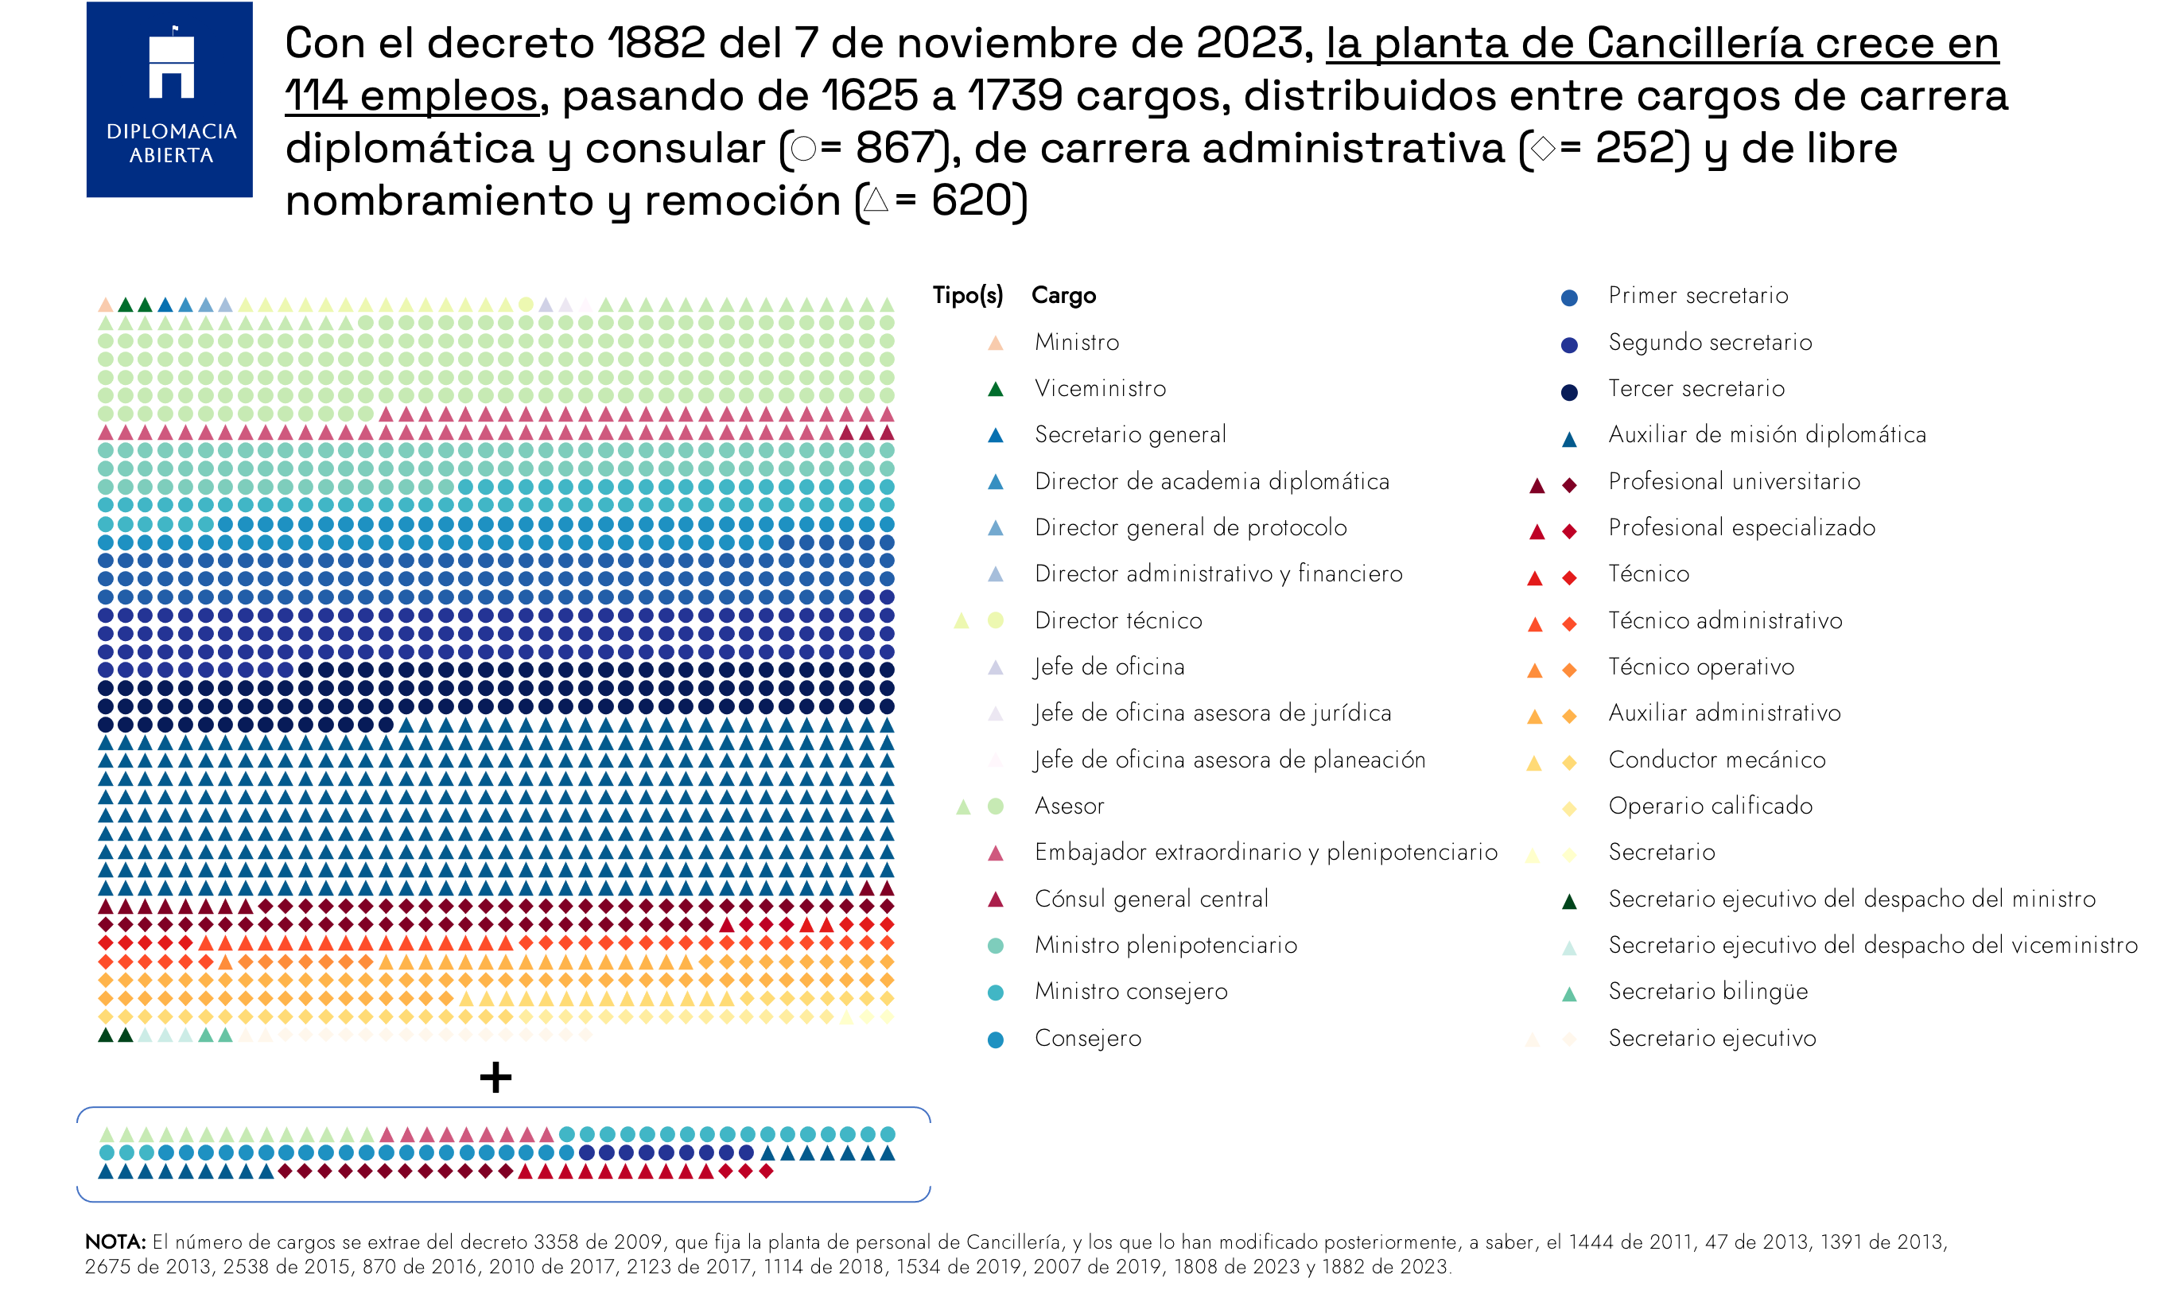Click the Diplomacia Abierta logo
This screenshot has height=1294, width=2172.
tap(169, 99)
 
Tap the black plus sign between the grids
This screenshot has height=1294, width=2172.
tap(495, 1077)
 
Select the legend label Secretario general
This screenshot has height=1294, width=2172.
tap(1130, 434)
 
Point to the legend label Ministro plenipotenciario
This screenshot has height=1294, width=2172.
tap(1165, 944)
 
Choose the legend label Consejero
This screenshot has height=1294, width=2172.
tap(1087, 1038)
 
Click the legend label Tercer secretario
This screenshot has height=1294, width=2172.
tap(1696, 388)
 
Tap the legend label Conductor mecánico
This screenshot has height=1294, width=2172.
tap(1716, 760)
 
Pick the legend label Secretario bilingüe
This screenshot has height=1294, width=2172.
tap(1708, 992)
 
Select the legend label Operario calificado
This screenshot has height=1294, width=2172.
tap(1710, 806)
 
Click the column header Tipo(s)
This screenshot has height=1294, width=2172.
tap(967, 296)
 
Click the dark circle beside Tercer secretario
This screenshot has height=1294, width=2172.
tap(1568, 391)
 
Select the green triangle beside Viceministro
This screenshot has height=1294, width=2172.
tap(995, 389)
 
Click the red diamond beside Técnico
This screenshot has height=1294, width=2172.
tap(1568, 577)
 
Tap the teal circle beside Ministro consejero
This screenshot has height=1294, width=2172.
tap(995, 993)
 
